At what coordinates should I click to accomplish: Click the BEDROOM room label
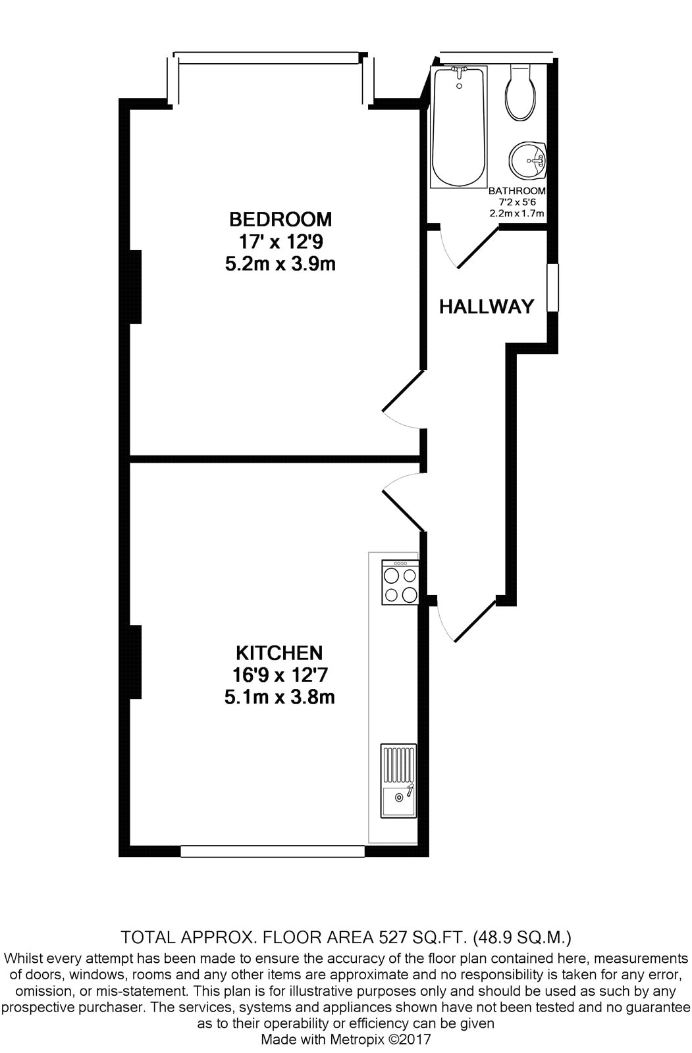(280, 219)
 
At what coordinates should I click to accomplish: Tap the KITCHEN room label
(279, 653)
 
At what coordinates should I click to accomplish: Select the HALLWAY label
(487, 307)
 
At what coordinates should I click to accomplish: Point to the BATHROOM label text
(517, 191)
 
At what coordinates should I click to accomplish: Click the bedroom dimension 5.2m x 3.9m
(280, 264)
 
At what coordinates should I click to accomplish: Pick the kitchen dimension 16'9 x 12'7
(280, 675)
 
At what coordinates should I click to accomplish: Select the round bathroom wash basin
(527, 161)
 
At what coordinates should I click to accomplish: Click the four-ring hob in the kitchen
(400, 582)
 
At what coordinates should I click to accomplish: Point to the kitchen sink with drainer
(398, 781)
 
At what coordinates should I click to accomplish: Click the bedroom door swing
(404, 399)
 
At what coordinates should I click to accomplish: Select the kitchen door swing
(404, 501)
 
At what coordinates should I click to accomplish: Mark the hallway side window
(553, 288)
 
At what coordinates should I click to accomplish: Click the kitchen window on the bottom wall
(273, 852)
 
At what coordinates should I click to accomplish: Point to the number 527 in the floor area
(393, 937)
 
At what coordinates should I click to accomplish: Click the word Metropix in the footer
(359, 1039)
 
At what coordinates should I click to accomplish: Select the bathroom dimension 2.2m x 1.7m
(517, 213)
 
